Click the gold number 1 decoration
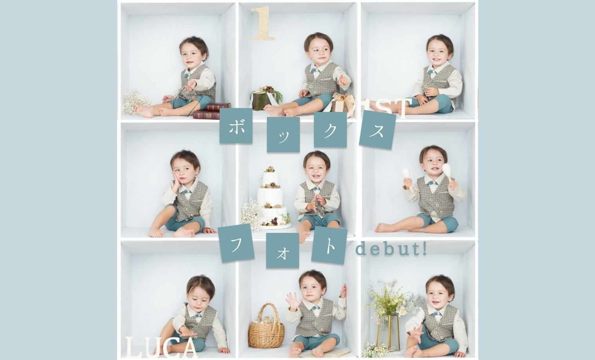(x=263, y=23)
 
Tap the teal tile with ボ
(x=236, y=126)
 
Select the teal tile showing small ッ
(x=283, y=135)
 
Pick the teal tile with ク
(x=330, y=130)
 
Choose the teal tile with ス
(x=377, y=130)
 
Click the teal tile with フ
(x=236, y=243)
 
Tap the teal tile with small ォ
(x=283, y=250)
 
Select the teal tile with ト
(x=329, y=245)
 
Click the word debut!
(x=391, y=249)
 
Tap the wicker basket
(x=266, y=327)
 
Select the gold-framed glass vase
(x=389, y=332)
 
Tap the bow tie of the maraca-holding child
(x=433, y=183)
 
